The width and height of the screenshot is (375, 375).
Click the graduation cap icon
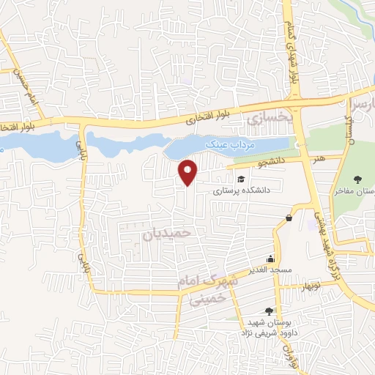pos(240,178)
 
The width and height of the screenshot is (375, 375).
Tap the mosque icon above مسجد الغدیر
pos(271,258)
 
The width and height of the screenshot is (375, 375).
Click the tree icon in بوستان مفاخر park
pos(357,179)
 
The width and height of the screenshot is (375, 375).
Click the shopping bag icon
pos(289,217)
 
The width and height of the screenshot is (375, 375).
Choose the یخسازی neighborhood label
pos(269,117)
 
